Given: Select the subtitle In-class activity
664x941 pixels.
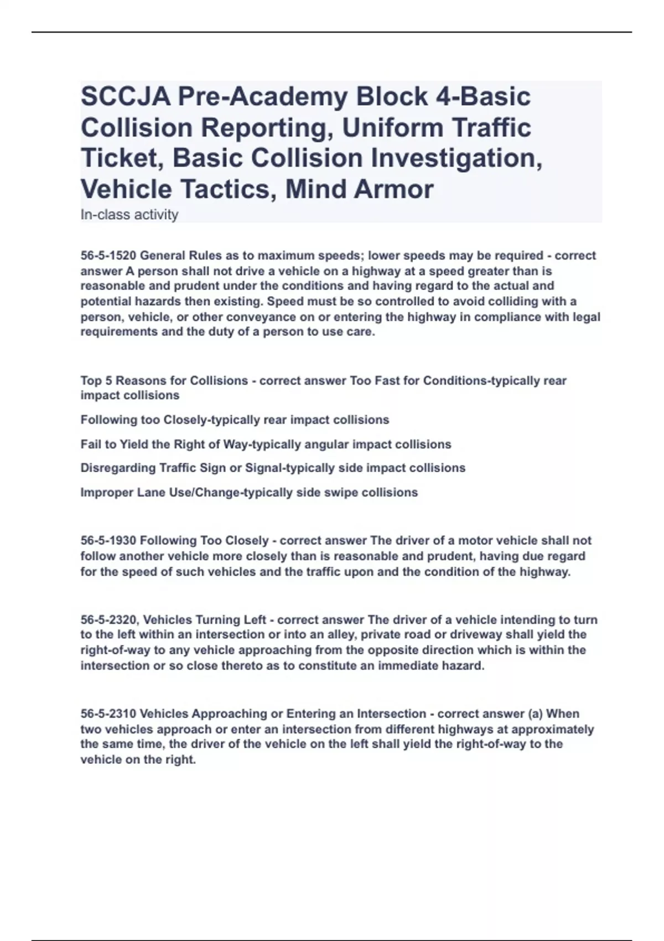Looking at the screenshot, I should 129,215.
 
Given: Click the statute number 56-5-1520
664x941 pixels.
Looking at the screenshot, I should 108,256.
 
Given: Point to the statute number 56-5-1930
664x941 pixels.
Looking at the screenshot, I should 108,540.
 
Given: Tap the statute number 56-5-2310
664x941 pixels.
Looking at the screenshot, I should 108,714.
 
